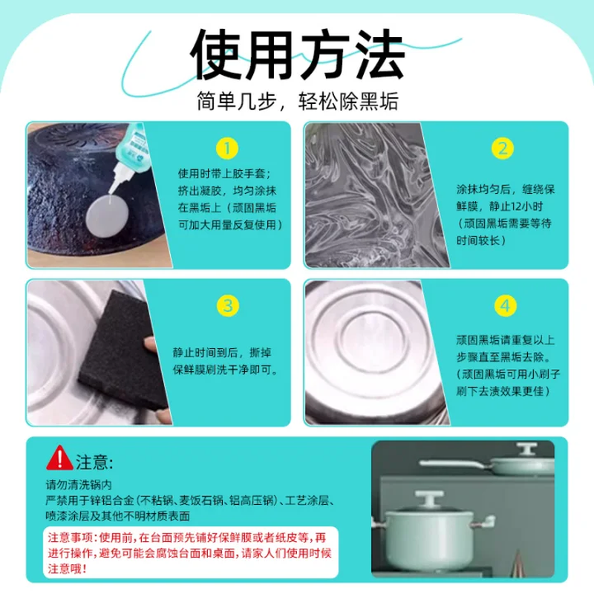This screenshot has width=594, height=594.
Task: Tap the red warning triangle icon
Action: (59, 458)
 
